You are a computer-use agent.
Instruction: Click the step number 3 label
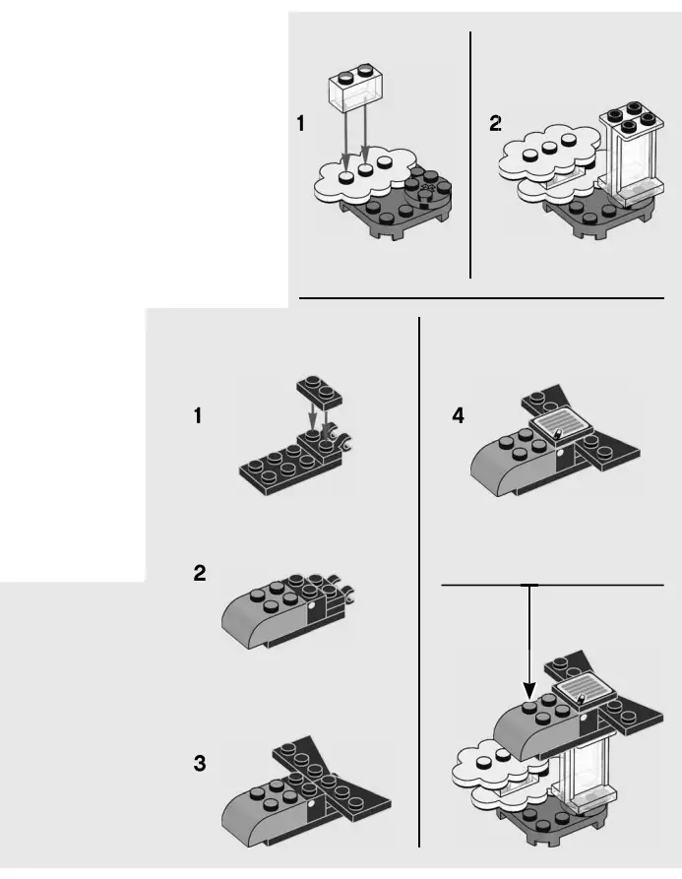200,763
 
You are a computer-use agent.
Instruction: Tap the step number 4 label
458,416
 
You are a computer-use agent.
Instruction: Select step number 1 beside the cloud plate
300,124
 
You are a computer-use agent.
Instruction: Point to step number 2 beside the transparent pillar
495,124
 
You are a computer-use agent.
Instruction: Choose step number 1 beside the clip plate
199,416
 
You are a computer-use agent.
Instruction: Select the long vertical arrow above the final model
529,640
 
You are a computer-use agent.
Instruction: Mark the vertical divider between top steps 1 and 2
470,155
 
